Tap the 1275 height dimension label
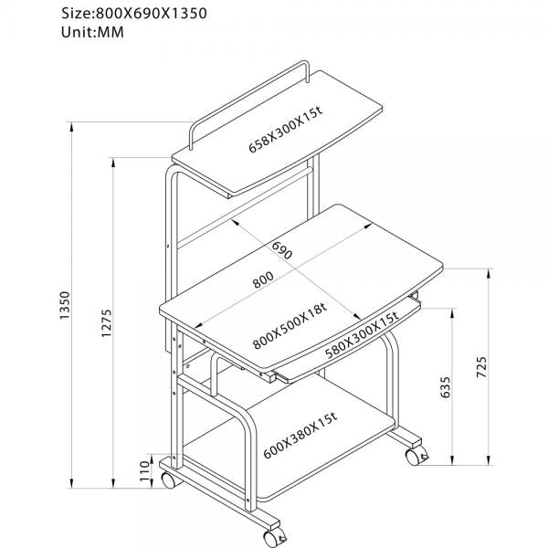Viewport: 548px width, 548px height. (x=106, y=325)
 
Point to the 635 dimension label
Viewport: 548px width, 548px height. (x=447, y=388)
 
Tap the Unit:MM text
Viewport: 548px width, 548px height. (x=93, y=34)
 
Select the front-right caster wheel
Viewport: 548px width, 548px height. (x=416, y=453)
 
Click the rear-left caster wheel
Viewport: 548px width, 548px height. (x=168, y=478)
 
